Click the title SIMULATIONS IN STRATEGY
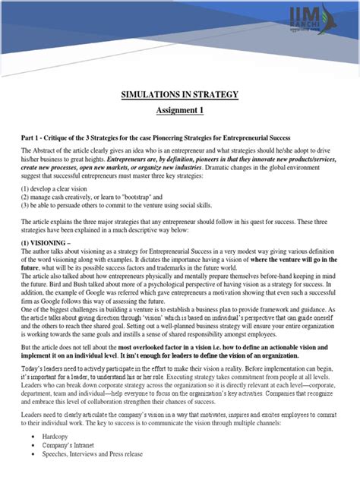click(180, 95)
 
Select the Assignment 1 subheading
click(180, 111)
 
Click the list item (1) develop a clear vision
click(59, 187)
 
